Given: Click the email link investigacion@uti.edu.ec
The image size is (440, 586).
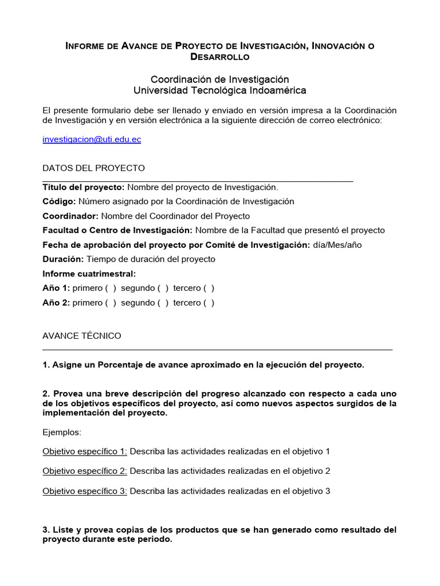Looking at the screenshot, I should pyautogui.click(x=92, y=140).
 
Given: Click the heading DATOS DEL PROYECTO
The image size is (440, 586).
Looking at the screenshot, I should pyautogui.click(x=94, y=168).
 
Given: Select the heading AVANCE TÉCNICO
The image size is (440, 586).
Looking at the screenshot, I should pyautogui.click(x=82, y=336).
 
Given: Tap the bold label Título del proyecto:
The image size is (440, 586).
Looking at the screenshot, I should pyautogui.click(x=84, y=187).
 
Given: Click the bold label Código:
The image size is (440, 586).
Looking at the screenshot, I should pyautogui.click(x=59, y=201).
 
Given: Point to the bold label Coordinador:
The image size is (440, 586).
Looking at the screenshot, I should pyautogui.click(x=70, y=216).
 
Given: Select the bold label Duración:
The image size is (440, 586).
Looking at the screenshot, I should pyautogui.click(x=63, y=259).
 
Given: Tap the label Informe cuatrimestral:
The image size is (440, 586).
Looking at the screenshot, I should pyautogui.click(x=89, y=274).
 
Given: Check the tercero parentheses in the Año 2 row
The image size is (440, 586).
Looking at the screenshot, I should pyautogui.click(x=209, y=303).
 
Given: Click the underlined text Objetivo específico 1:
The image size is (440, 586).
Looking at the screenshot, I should pyautogui.click(x=85, y=452).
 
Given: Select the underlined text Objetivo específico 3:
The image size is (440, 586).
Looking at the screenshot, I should pyautogui.click(x=85, y=491).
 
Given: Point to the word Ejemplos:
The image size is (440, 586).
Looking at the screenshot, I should pyautogui.click(x=61, y=432).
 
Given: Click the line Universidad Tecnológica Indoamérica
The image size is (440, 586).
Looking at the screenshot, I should pyautogui.click(x=220, y=90).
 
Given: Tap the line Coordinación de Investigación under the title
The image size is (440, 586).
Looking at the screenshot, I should pyautogui.click(x=220, y=79).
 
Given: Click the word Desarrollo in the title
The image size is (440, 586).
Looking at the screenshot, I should pyautogui.click(x=220, y=57).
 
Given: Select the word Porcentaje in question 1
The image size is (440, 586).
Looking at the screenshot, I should pyautogui.click(x=125, y=365).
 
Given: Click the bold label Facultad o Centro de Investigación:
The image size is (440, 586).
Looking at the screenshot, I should pyautogui.click(x=117, y=231).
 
